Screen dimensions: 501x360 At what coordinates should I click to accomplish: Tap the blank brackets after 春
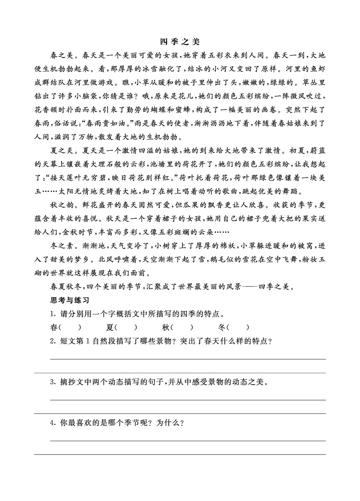[x=70, y=328]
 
